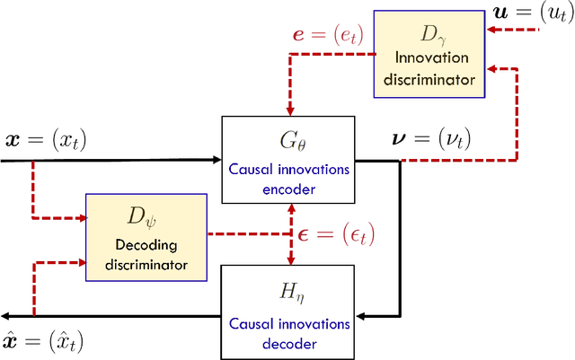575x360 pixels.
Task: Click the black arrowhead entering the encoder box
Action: pos(217,161)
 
